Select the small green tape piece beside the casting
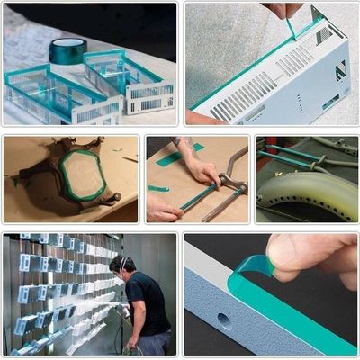point(118,150)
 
